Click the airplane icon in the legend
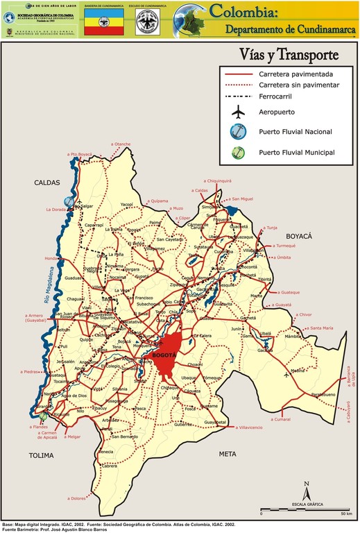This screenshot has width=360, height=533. point(239,112)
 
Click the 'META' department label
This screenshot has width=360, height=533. point(228,454)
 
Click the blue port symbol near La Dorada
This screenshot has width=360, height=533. point(69,201)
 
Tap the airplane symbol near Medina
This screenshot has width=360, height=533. point(286,375)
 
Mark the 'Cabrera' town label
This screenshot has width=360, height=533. point(109,466)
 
